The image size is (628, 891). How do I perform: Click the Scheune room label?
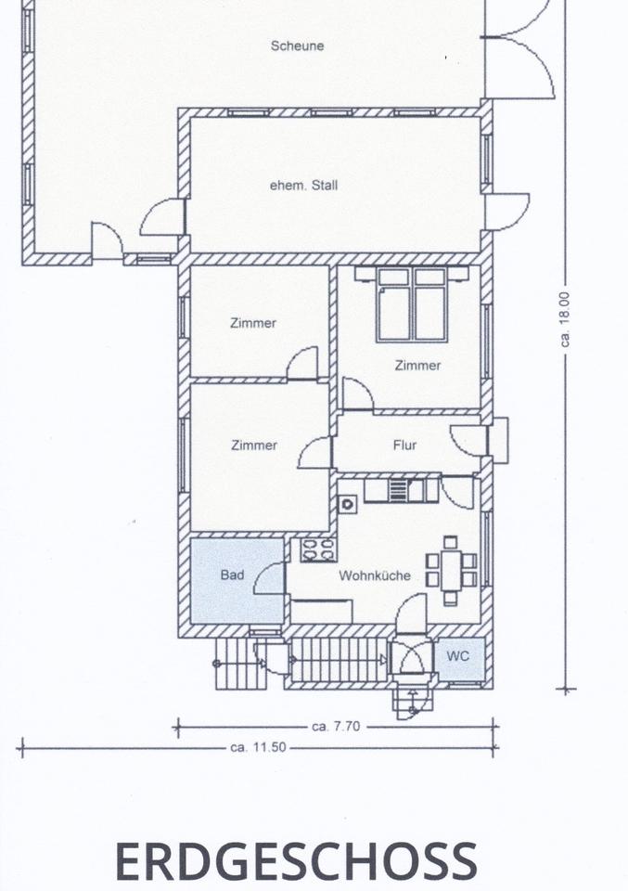297,46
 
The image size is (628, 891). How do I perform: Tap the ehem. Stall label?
303,186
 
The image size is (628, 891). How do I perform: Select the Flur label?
404,445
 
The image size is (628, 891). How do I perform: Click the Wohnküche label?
375,575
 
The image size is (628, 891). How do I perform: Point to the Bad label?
232,575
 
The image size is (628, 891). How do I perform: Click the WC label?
457,656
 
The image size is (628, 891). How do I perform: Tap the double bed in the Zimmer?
412,304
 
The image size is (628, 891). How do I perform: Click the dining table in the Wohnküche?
451,570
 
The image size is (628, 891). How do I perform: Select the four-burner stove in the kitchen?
318,550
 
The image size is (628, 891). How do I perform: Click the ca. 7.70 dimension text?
336,726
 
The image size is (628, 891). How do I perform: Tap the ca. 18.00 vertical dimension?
564,319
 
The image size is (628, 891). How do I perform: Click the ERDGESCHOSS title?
297,860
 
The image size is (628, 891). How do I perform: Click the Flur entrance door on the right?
469,440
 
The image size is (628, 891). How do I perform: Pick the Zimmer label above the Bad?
254,445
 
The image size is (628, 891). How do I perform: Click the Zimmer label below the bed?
417,366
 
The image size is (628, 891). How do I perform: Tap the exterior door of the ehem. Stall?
507,212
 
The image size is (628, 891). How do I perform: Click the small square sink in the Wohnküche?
347,504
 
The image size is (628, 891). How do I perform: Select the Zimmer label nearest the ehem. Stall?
253,323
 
